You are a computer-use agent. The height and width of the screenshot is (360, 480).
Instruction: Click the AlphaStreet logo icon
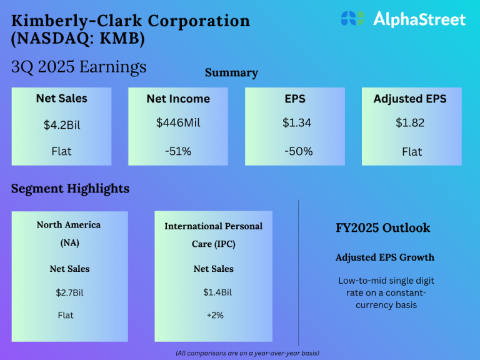pos(352,18)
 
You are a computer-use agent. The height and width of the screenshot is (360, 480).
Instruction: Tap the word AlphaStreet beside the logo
pos(419,19)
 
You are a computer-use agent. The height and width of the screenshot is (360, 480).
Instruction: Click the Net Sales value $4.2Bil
pos(62,125)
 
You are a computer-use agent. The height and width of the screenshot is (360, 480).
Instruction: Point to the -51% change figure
pos(178,152)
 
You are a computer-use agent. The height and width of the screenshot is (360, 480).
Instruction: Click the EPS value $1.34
pos(297,123)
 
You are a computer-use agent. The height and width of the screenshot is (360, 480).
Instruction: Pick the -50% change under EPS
pos(298,152)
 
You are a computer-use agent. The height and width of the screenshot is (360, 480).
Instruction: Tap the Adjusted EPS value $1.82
pos(410,123)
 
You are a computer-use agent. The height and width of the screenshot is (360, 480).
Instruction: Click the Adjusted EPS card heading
pos(410,99)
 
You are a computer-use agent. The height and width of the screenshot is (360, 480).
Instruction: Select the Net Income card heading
pos(178,99)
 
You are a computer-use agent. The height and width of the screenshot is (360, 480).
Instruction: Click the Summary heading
pos(231,73)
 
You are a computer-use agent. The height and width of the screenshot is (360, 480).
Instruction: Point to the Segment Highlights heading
pos(70,188)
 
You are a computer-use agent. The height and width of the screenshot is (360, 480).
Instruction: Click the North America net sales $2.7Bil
pos(69,292)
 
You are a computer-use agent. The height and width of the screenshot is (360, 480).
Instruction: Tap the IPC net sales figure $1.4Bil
pos(213,292)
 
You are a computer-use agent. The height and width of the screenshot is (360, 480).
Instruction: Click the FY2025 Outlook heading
pos(382,227)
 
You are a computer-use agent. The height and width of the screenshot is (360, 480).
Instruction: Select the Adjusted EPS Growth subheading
pos(384,257)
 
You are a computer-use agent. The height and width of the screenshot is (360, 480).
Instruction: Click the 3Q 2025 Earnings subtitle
pos(79,67)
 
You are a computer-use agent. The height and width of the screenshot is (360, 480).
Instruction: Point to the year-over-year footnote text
pos(247,353)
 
